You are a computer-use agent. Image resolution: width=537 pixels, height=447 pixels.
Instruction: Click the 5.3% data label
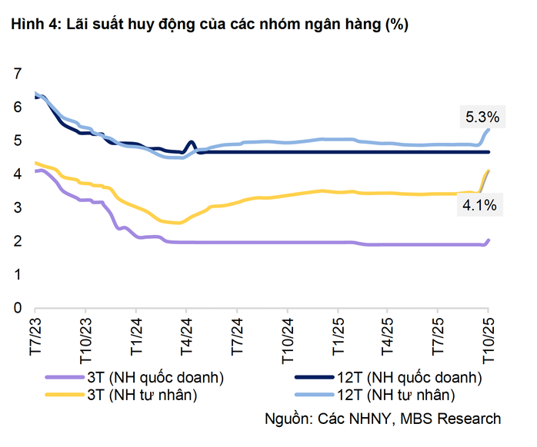point(482,118)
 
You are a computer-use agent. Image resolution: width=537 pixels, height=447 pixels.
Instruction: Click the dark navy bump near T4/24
point(191,143)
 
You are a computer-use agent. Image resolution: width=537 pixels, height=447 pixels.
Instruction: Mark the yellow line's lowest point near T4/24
point(178,223)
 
